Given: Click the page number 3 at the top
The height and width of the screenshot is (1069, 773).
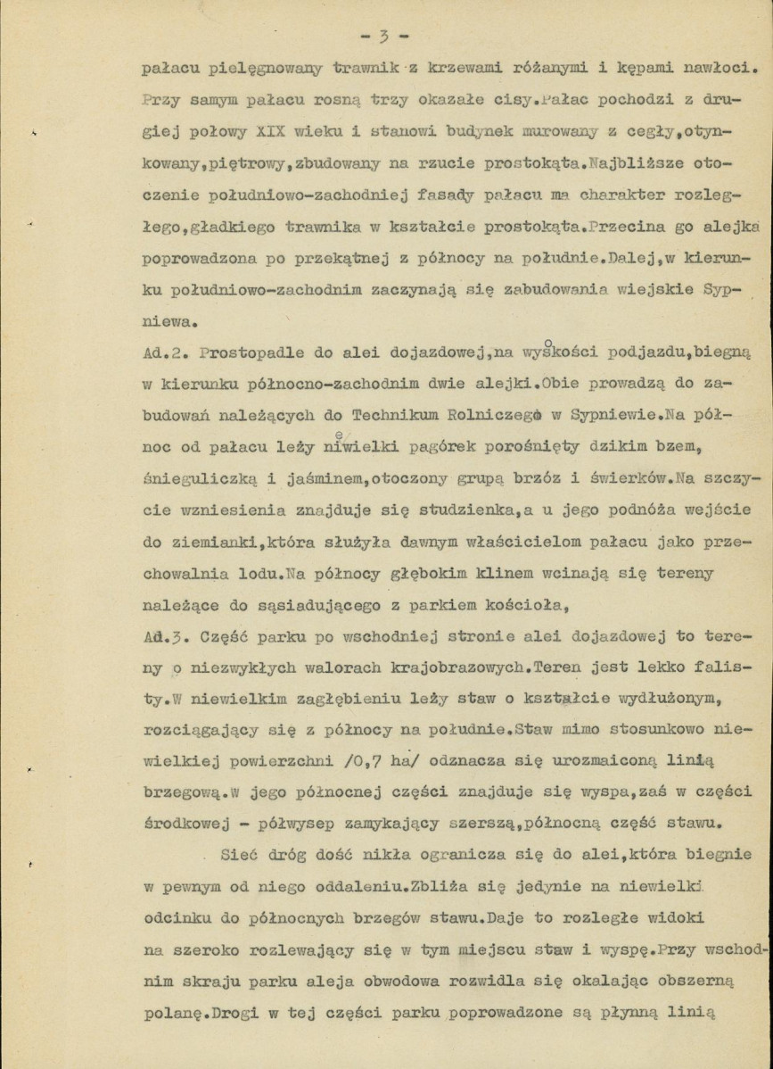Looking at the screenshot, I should point(382,37).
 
